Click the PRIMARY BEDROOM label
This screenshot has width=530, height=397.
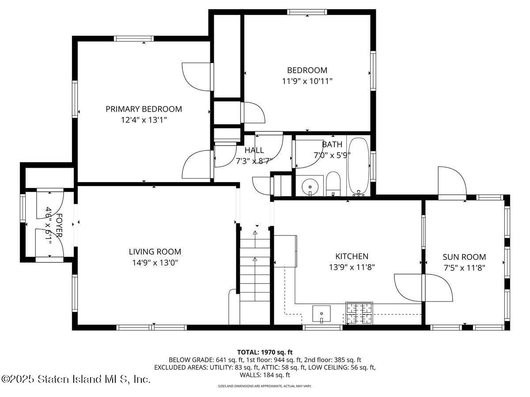point(144,109)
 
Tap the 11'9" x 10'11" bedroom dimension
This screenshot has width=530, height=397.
point(307,81)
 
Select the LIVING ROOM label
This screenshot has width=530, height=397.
point(155,252)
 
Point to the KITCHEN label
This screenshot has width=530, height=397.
point(352,256)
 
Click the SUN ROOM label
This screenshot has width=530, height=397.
point(464,257)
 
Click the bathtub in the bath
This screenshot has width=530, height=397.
point(358,166)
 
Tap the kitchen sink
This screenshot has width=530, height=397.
point(322,314)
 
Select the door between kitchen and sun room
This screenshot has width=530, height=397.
point(423,288)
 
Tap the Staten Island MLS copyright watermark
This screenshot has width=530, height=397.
point(76,379)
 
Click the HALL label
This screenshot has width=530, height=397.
point(254,150)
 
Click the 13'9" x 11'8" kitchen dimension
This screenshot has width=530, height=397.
point(352,267)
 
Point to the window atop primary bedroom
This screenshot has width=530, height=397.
point(134,39)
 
